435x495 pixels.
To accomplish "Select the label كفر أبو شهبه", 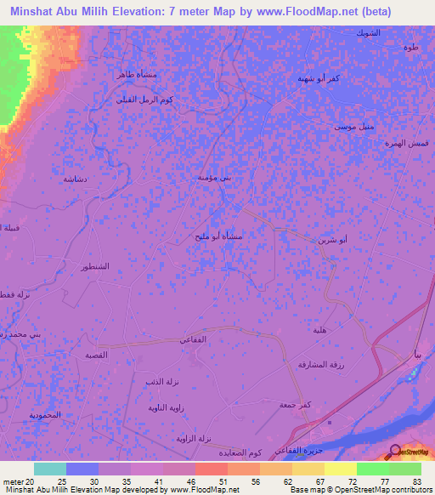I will pos(314,78).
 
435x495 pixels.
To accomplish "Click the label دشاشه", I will pos(73,179).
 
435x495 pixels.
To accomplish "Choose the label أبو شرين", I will pos(332,242).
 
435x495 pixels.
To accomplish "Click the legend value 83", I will pos(415,482).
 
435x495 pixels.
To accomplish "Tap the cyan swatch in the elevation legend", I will pos(50,469).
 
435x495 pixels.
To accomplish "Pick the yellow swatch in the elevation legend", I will pos(341,469).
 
